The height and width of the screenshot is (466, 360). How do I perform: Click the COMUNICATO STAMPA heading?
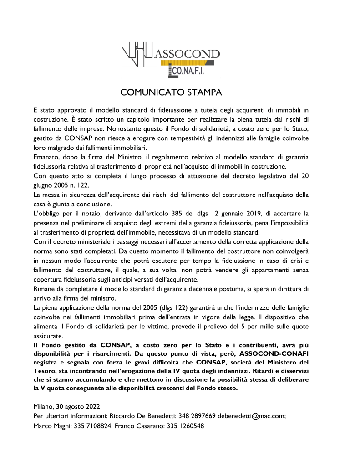[x=171, y=92]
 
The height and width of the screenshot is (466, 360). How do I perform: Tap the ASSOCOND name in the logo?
[x=188, y=54]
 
